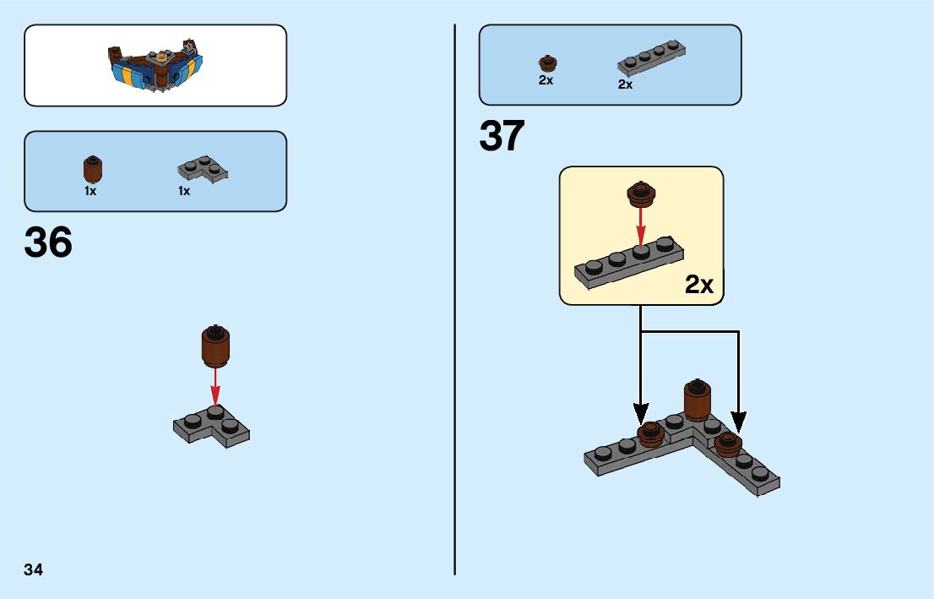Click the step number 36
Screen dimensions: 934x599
[x=49, y=243]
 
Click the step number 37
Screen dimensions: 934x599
[x=502, y=137]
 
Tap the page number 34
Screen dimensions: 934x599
[x=34, y=569]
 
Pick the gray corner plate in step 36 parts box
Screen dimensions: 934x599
[x=203, y=168]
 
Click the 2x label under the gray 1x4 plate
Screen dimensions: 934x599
[x=625, y=84]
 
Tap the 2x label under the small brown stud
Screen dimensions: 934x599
[x=546, y=80]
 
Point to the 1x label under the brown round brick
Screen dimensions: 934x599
[x=90, y=191]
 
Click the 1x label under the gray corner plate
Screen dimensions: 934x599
[x=184, y=191]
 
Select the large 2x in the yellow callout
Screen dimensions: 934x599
[x=698, y=286]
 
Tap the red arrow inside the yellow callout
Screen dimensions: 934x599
[x=641, y=226]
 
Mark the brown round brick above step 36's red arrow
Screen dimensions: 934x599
[x=216, y=346]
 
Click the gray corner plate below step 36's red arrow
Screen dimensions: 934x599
[x=212, y=427]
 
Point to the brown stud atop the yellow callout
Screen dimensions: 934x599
[x=641, y=194]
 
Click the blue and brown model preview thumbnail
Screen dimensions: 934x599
[x=155, y=65]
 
